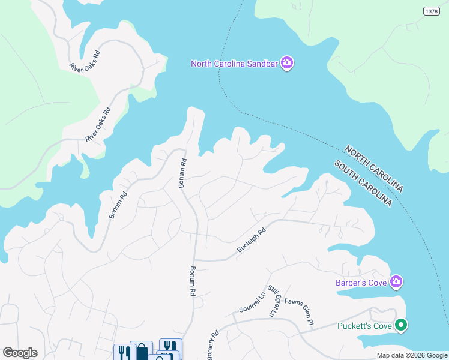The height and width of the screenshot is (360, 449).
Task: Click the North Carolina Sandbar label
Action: (x=235, y=63)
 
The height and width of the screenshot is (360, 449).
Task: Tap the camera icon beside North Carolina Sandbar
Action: (x=287, y=63)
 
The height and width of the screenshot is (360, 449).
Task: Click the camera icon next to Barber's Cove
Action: (x=396, y=281)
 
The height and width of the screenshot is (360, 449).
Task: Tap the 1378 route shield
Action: (x=431, y=11)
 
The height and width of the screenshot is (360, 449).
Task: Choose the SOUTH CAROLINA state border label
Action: (x=363, y=184)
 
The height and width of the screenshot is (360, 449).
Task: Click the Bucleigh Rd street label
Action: (x=251, y=239)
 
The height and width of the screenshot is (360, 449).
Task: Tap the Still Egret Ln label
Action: (x=273, y=301)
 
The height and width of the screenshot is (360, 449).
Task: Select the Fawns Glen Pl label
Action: (x=300, y=311)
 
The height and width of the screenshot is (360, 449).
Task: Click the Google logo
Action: (x=20, y=353)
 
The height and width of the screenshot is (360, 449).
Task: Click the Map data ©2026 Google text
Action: (x=411, y=355)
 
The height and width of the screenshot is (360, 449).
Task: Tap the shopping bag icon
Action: (x=142, y=351)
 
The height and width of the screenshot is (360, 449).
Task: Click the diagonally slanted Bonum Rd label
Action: (x=119, y=205)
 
